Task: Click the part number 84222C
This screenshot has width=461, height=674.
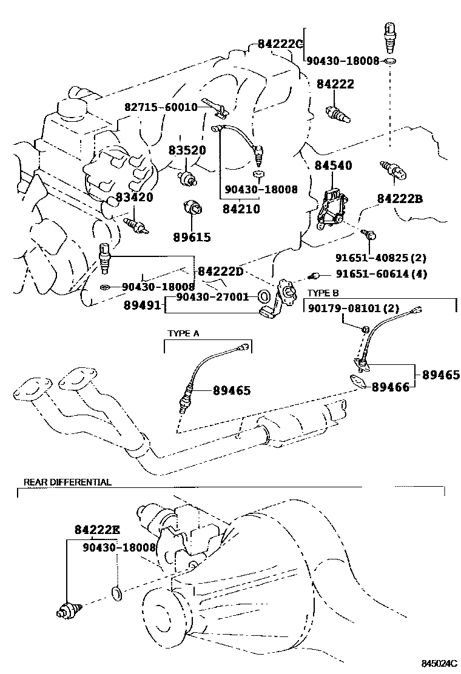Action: (x=280, y=44)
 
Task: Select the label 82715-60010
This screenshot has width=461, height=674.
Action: (x=161, y=107)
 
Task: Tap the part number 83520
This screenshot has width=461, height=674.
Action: (x=187, y=150)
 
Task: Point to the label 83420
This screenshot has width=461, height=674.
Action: (x=134, y=198)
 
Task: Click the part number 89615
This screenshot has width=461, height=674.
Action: (x=192, y=237)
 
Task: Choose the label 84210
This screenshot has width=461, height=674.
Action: (x=241, y=209)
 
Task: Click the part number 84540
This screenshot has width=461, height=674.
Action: (x=333, y=165)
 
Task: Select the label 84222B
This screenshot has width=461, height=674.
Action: (x=400, y=199)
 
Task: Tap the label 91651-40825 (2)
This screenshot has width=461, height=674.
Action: (x=380, y=258)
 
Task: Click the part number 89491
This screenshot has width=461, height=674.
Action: (x=143, y=305)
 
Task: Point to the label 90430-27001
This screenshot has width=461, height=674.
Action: (x=212, y=296)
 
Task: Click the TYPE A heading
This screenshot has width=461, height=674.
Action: (x=183, y=333)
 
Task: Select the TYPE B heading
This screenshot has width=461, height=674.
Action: (x=323, y=293)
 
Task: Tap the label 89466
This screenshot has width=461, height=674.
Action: (x=391, y=387)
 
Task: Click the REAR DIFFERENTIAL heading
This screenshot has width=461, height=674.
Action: (x=67, y=482)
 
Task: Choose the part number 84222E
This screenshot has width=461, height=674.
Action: (x=97, y=530)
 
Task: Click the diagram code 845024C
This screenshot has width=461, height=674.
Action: (x=439, y=664)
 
